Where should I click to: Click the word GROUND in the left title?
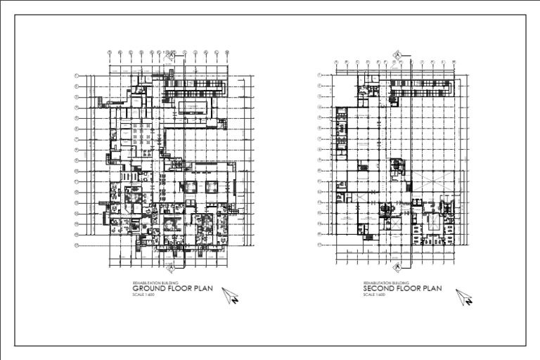click(149, 288)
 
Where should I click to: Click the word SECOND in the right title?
click(379, 288)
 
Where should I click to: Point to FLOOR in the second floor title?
click(411, 288)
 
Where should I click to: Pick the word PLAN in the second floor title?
click(433, 288)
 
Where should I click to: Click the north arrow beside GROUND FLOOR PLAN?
click(231, 296)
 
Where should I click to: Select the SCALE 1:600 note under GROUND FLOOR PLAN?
click(141, 294)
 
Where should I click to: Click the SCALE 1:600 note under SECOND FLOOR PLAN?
click(372, 294)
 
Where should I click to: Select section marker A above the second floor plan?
click(398, 54)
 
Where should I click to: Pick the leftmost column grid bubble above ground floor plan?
click(110, 52)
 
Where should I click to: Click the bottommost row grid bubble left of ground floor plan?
click(76, 245)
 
